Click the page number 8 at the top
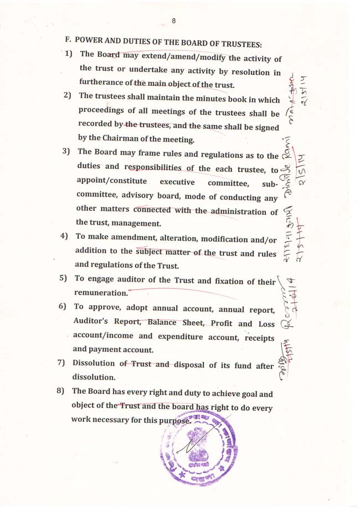point(174,21)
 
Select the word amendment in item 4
point(123,238)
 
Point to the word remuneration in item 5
point(100,292)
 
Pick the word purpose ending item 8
point(175,420)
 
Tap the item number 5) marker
point(63,279)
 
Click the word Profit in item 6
point(213,323)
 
